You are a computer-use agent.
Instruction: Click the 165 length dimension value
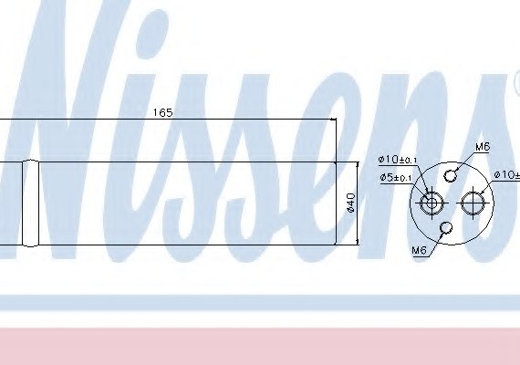pos(162,113)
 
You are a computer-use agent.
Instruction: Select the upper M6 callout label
pos(483,147)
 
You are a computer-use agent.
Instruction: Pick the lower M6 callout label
pos(419,250)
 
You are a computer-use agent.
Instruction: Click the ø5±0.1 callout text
pos(396,178)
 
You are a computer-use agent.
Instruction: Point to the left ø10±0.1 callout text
pos(398,160)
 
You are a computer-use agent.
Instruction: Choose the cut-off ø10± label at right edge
pos(506,175)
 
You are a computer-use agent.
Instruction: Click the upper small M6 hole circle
pos(450,176)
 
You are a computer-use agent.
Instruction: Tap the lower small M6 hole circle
pos(446,227)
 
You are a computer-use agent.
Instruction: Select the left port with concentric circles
pos(432,203)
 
